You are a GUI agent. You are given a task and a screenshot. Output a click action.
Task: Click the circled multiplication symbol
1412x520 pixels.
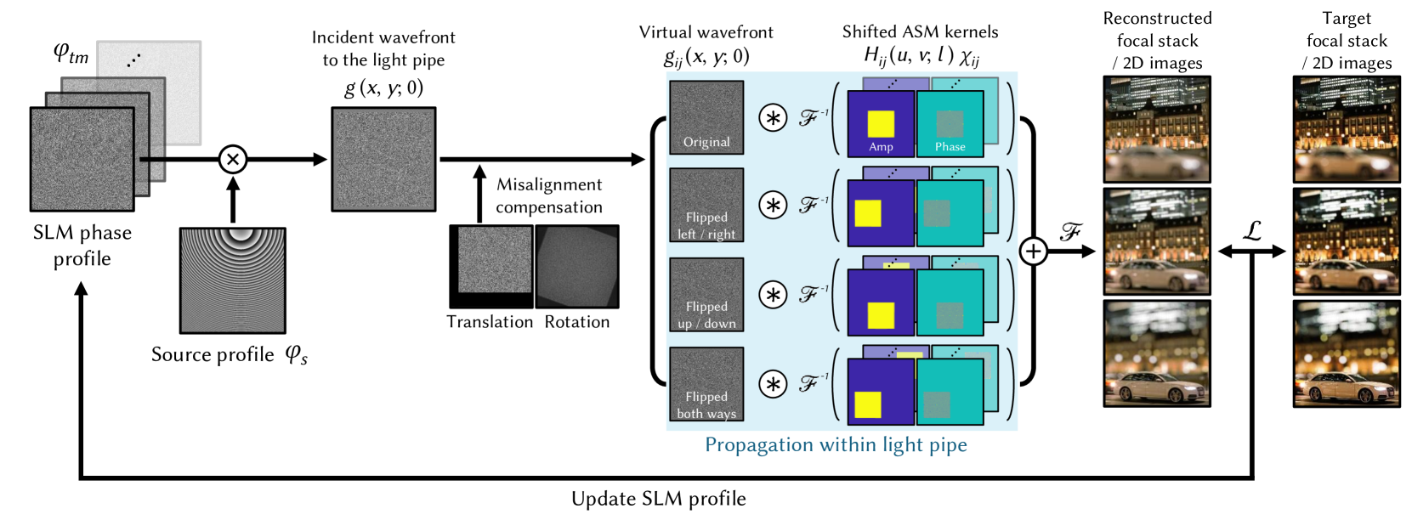point(232,159)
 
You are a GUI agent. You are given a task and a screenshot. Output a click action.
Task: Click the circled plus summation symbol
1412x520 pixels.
point(1033,252)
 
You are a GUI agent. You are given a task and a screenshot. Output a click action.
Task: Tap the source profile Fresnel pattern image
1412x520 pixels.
point(232,280)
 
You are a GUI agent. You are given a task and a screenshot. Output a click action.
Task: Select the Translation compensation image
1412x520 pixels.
point(491,266)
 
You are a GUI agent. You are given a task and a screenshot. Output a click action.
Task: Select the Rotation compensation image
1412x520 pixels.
point(577,266)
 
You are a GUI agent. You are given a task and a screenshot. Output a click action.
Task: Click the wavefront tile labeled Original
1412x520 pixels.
point(706,117)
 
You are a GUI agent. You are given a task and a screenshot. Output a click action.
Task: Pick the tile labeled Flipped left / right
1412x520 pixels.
point(706,205)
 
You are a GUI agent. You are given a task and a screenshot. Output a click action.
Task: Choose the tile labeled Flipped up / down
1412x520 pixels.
point(706,294)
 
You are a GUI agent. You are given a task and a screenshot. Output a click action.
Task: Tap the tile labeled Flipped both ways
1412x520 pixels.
point(706,383)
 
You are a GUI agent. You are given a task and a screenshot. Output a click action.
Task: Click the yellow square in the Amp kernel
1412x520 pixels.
point(881,123)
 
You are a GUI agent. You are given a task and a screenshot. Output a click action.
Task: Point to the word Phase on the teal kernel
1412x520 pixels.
point(950,146)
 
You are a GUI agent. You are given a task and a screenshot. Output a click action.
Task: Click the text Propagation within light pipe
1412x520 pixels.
point(836,444)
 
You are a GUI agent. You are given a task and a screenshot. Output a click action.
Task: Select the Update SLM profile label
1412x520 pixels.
point(658,499)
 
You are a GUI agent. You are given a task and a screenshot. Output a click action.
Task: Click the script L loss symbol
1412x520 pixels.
point(1252,230)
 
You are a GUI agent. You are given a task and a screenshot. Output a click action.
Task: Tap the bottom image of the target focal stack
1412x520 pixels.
point(1347,353)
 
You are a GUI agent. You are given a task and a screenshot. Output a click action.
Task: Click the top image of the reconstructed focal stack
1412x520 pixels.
point(1157,129)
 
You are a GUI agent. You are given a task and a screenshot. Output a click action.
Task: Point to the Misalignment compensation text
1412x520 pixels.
point(549,195)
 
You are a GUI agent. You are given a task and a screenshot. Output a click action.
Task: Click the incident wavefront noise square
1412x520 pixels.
point(383,159)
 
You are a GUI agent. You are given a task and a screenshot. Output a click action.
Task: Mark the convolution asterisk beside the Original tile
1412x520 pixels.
point(773,118)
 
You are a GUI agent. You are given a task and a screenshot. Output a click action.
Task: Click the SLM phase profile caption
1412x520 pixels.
point(82,245)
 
